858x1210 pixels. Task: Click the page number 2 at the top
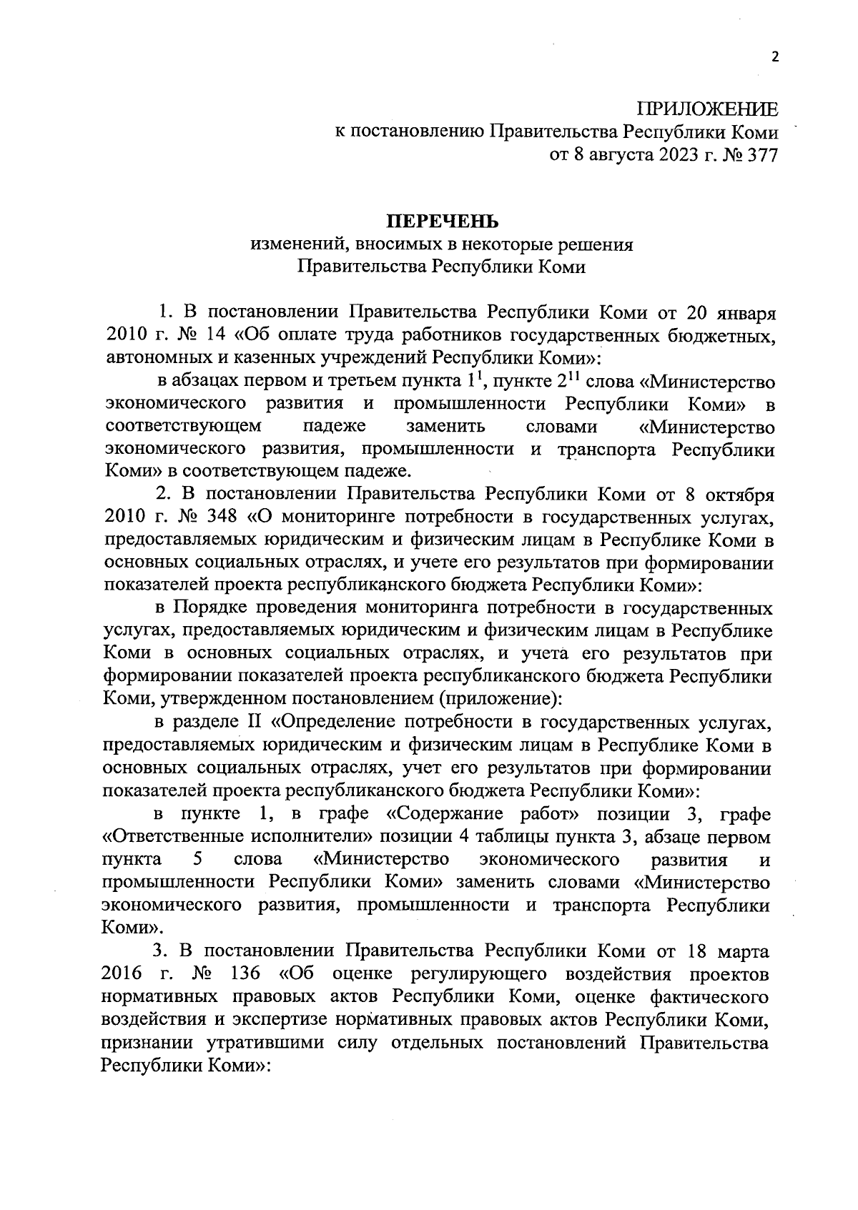click(774, 59)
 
